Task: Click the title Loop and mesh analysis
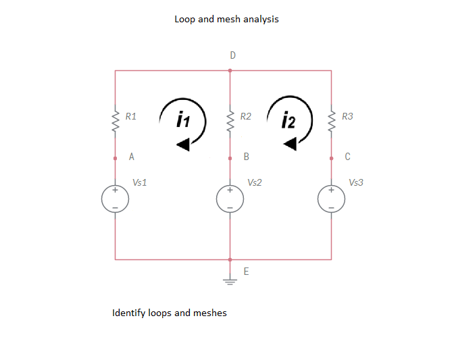coord(226,19)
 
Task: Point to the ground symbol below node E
coord(230,282)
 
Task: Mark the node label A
coord(132,157)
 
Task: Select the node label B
coord(247,157)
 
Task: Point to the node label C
coord(348,157)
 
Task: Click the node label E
coord(246,272)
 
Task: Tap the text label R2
coord(246,117)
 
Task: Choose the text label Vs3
coord(356,182)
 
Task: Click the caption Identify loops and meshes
coord(170,313)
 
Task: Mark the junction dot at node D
coord(230,70)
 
